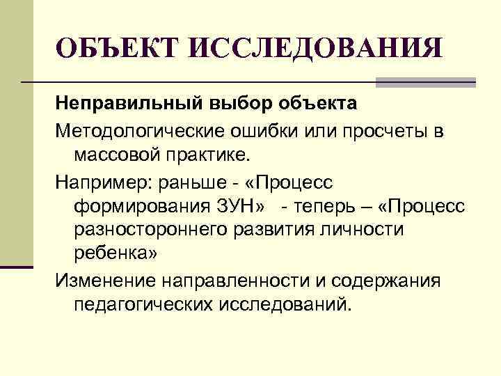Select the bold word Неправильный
click(x=128, y=104)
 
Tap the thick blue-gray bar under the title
click(x=424, y=82)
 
